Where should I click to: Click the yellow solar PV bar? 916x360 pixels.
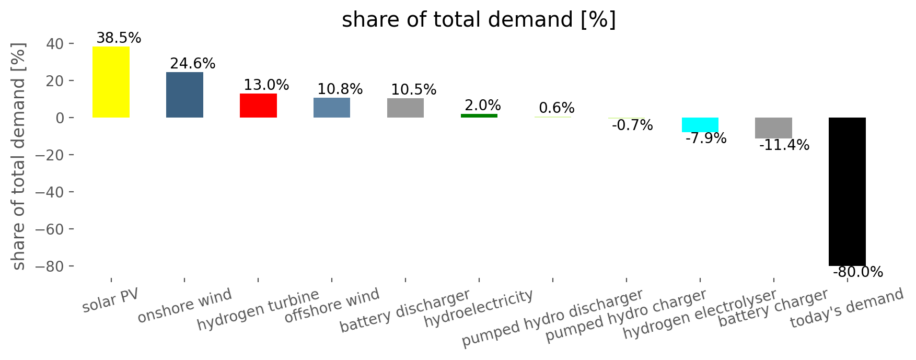click(x=111, y=82)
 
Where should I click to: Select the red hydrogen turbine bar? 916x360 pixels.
click(x=258, y=106)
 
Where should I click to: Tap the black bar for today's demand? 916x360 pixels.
click(x=847, y=191)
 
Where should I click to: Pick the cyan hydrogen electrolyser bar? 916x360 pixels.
click(x=700, y=125)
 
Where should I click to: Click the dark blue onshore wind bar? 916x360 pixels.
click(x=184, y=95)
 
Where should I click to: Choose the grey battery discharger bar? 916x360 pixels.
click(x=405, y=108)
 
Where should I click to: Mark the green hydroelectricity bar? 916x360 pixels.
click(x=479, y=115)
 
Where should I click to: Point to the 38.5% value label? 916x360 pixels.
click(x=119, y=38)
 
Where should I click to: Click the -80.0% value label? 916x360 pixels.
click(x=857, y=272)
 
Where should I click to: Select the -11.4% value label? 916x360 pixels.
click(x=784, y=145)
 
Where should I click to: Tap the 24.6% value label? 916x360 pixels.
click(x=192, y=64)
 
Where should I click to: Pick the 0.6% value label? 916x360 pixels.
click(x=556, y=108)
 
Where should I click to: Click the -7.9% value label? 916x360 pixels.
click(x=705, y=138)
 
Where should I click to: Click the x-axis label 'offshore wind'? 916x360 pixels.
click(x=332, y=305)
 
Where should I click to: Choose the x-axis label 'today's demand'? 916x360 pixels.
click(x=847, y=308)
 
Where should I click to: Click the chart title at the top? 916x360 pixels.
click(x=479, y=20)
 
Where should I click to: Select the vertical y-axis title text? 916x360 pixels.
click(x=18, y=157)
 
